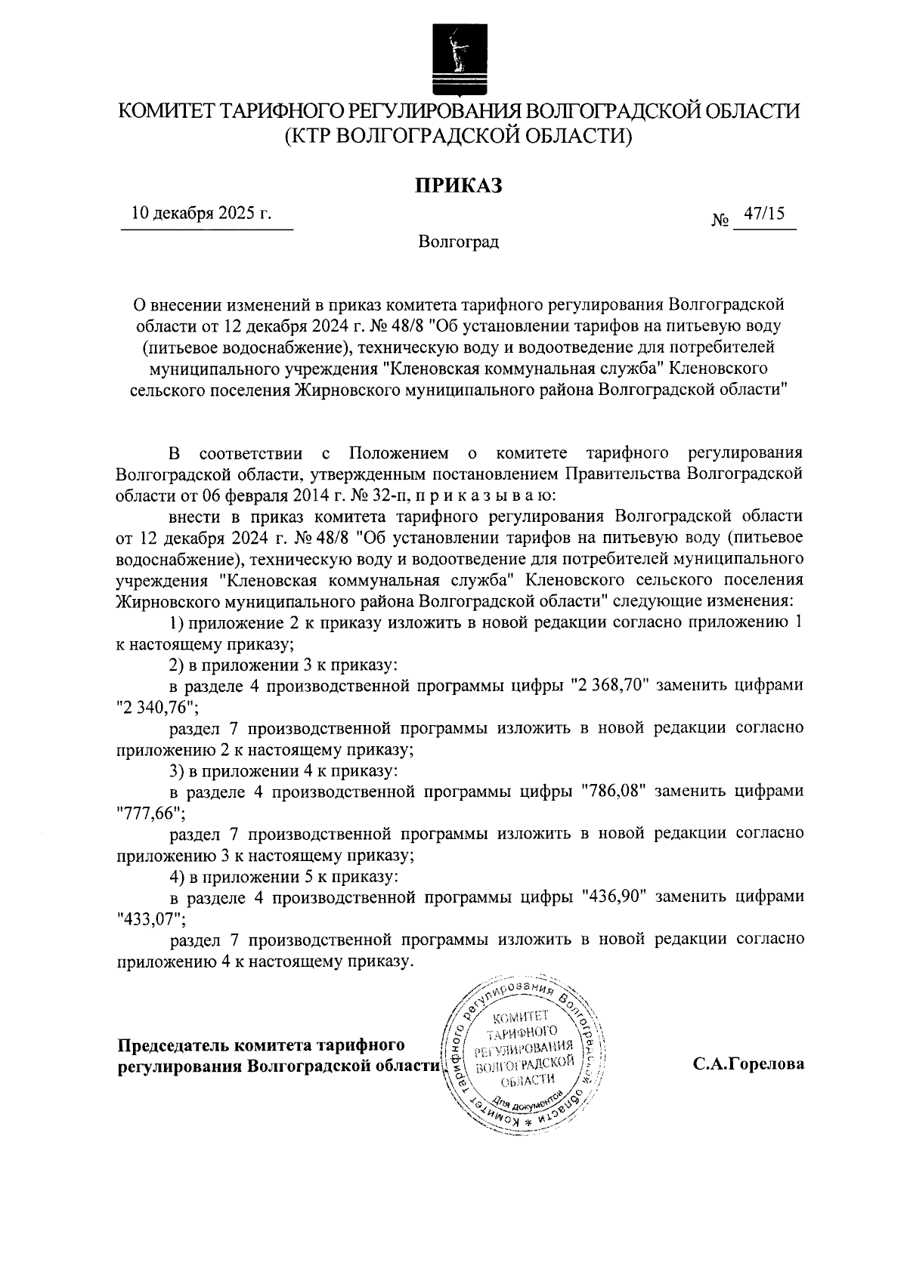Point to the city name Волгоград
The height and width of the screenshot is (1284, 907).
458,243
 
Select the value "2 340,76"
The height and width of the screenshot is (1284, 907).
156,707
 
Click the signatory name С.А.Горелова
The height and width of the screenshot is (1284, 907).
748,1064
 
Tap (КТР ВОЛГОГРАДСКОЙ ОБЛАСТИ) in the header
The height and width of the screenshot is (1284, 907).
457,136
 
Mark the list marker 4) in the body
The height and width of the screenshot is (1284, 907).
176,877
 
